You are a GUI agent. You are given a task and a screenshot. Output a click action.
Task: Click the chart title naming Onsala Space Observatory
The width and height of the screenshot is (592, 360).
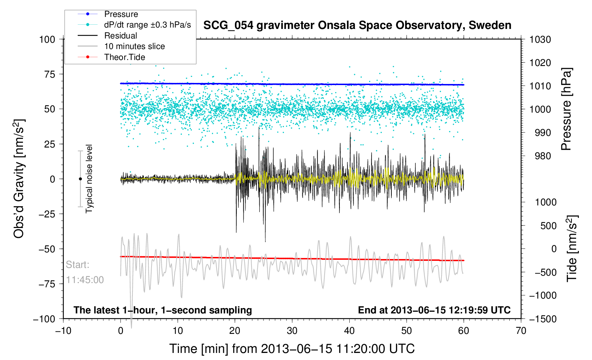click(357, 25)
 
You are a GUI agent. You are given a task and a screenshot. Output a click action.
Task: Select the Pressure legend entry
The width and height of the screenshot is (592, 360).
click(121, 14)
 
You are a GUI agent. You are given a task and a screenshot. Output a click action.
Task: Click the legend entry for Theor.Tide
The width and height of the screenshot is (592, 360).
click(124, 57)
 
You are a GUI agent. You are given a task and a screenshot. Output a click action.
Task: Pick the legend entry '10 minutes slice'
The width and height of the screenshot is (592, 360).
click(134, 46)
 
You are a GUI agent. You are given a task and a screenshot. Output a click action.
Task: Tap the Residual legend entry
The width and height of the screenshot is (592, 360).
click(120, 36)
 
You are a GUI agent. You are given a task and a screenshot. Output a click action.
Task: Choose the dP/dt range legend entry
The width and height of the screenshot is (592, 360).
click(147, 25)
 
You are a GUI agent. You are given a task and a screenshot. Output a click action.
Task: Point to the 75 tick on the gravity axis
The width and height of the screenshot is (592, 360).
click(50, 74)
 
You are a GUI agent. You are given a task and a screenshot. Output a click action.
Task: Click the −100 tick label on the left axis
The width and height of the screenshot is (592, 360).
click(44, 319)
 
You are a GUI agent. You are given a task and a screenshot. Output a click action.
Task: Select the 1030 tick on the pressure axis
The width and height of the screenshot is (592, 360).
click(540, 40)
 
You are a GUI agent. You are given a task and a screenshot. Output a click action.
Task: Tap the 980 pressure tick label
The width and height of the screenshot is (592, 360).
click(540, 156)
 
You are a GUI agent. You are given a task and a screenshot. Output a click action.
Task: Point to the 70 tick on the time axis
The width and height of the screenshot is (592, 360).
click(521, 331)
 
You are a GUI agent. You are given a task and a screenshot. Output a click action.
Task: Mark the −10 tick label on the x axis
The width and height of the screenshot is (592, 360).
click(63, 331)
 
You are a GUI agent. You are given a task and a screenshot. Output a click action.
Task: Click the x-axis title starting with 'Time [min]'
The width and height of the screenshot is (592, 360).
click(292, 349)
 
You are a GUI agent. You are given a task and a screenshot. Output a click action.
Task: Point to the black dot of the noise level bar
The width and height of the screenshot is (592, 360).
click(80, 179)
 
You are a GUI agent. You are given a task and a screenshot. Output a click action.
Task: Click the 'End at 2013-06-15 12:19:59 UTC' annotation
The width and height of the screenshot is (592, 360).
click(434, 310)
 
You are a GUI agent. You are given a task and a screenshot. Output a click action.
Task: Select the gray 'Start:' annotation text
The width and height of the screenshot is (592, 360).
click(78, 265)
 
